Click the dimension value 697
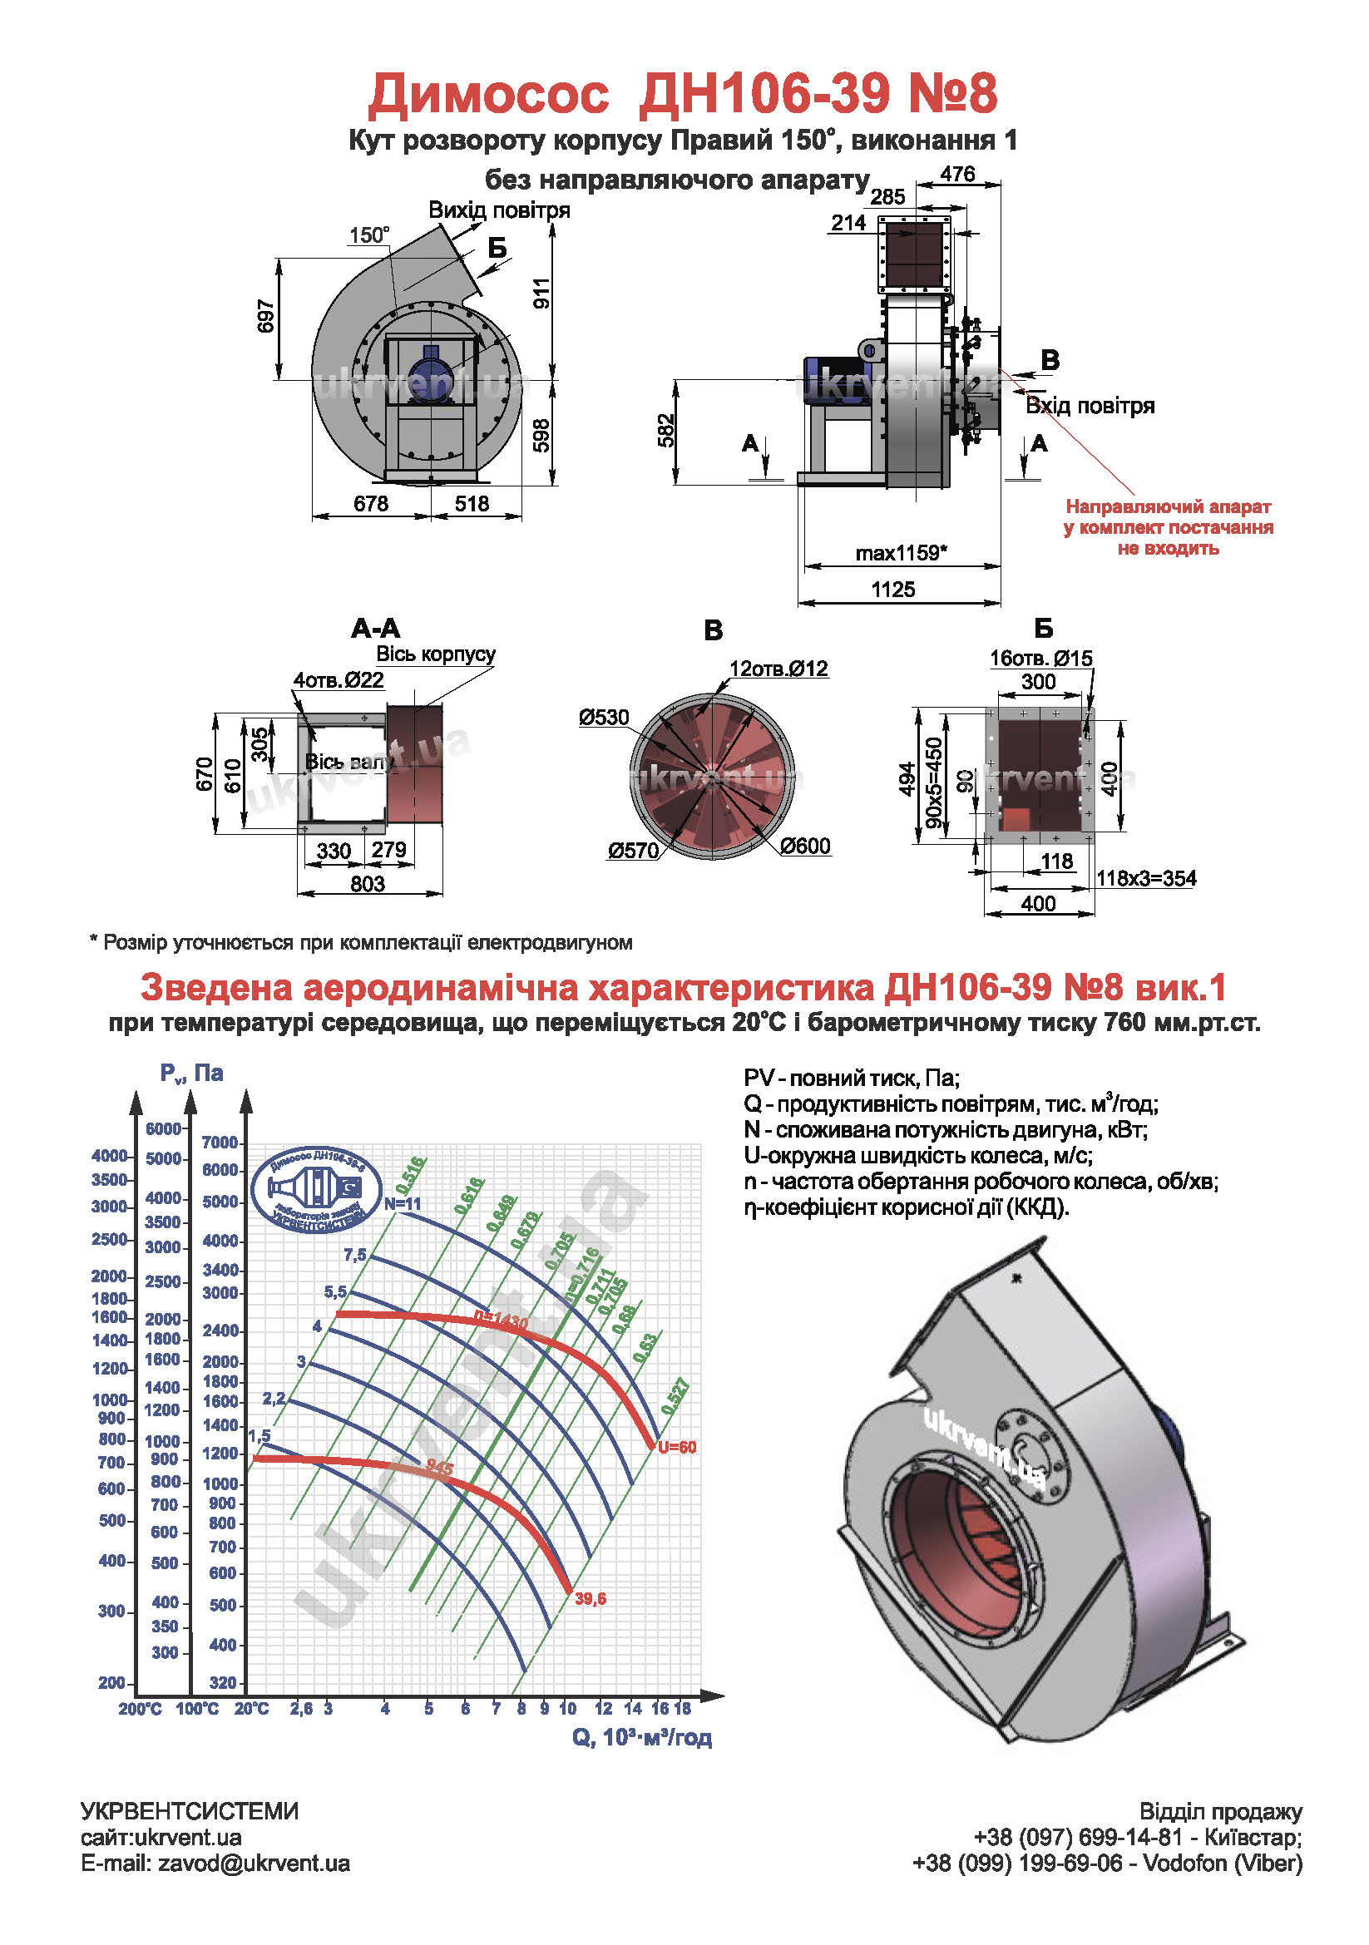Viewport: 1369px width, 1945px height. coord(266,316)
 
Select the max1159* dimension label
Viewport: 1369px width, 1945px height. coord(901,553)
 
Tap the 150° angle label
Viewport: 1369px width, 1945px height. coord(369,235)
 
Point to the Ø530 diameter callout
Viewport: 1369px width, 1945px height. coord(604,718)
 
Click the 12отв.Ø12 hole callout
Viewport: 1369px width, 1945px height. coord(778,669)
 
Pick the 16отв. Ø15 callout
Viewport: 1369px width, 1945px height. coord(1041,659)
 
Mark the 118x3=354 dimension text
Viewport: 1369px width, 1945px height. coord(1146,877)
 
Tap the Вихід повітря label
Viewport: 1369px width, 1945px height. coord(499,210)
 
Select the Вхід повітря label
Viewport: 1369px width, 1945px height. coord(1090,406)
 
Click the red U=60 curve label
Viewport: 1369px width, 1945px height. coord(677,1447)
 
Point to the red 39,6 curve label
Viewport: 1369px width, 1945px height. coord(591,1598)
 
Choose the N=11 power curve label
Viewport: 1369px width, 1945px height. coord(403,1204)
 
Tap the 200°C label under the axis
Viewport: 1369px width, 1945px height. coord(140,1709)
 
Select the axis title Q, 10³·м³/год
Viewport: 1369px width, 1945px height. coord(641,1738)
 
